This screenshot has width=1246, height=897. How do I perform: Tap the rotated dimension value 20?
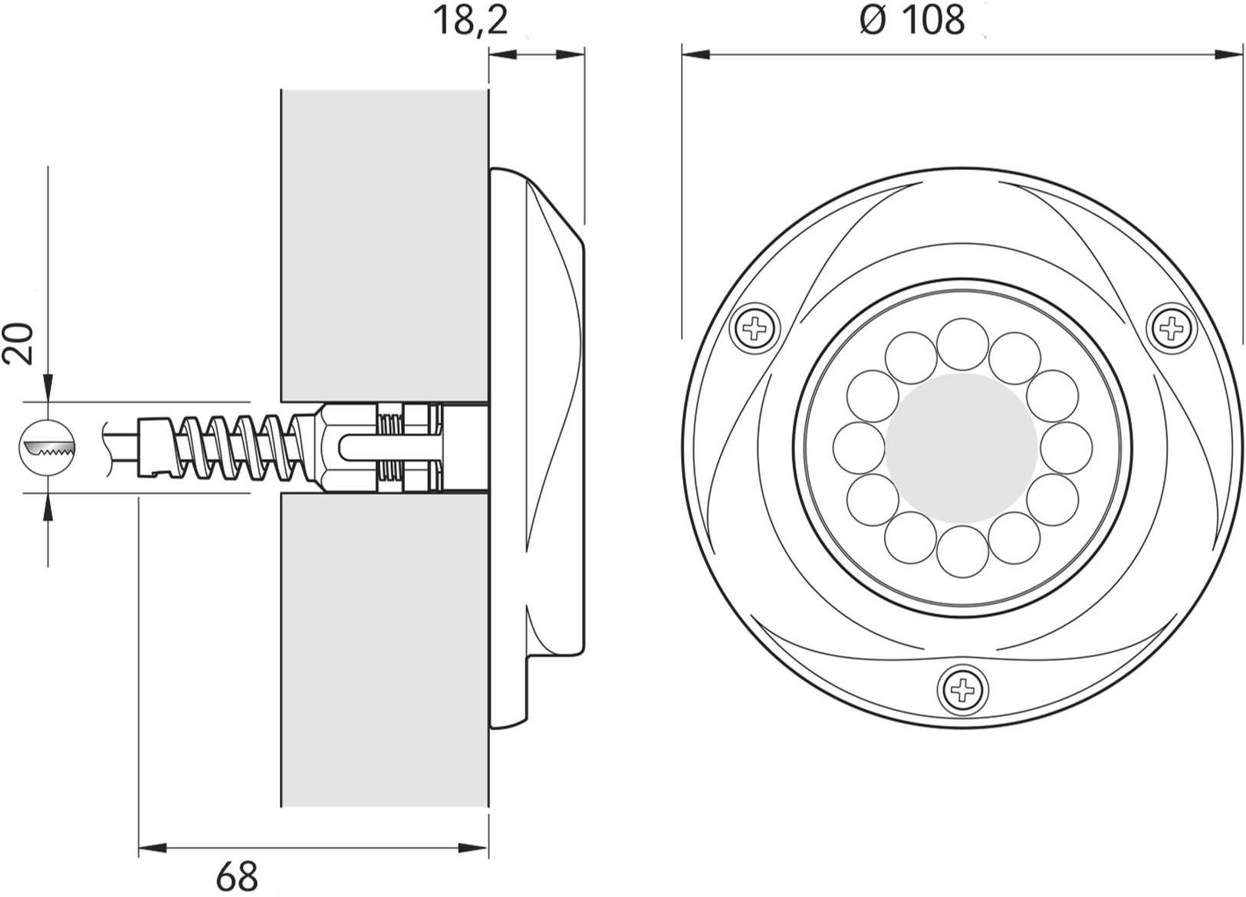[x=19, y=343]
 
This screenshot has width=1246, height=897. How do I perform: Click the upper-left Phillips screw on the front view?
[x=755, y=329]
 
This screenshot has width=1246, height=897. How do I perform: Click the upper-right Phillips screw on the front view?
[x=1171, y=329]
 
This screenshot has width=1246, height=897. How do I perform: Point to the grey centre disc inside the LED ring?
[x=962, y=448]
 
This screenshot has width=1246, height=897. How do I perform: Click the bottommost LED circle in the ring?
[x=962, y=551]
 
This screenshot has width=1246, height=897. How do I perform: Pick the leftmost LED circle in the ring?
[x=859, y=448]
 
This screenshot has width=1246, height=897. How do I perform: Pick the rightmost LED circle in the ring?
[x=1066, y=448]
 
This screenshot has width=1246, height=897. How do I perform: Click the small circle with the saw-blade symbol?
[x=48, y=448]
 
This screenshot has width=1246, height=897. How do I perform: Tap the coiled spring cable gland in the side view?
[x=230, y=446]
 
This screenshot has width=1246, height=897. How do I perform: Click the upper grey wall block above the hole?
[x=383, y=245]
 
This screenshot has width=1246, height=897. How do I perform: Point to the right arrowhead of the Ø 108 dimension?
[x=1230, y=54]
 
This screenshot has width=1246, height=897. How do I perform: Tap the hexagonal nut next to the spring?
[x=330, y=446]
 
